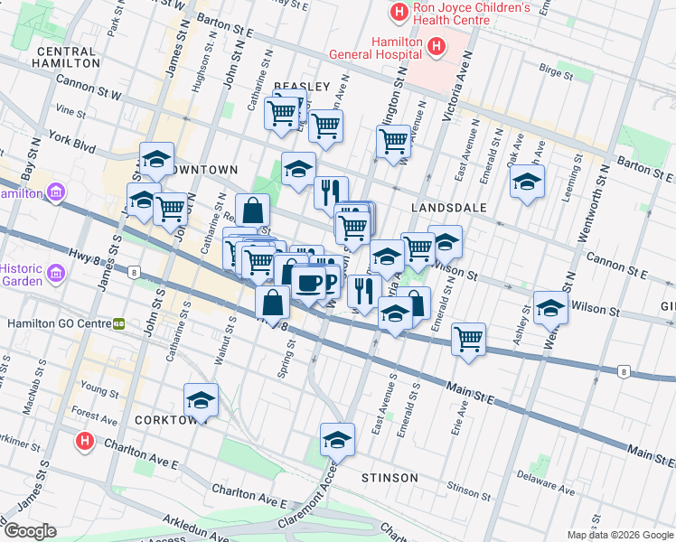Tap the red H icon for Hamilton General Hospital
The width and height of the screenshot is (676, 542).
coord(437,46)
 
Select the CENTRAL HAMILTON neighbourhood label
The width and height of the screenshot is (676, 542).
coord(66,58)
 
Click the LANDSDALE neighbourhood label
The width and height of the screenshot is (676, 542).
coord(448,208)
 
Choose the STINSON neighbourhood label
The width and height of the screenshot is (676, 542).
coord(390,477)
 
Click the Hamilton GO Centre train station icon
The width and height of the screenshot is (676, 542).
coord(118,323)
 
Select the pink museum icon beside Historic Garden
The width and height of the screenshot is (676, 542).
coord(53,271)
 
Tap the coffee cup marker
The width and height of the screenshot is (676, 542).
coord(308,282)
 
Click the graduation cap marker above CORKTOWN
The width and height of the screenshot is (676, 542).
coord(201,399)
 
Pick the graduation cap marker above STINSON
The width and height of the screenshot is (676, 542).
coord(337,440)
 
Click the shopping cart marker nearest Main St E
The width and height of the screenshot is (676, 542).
coord(468,339)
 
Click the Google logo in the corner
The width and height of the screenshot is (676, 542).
coord(29,531)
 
